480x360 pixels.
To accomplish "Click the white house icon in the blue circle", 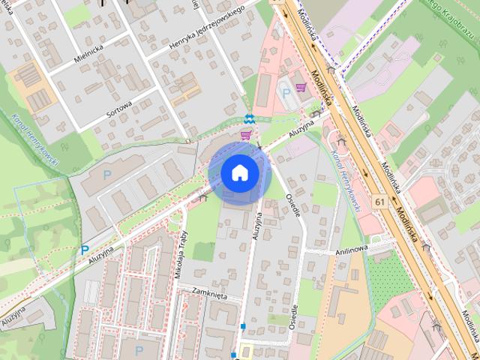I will [x=239, y=173].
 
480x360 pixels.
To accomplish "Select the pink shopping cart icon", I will [x=245, y=134].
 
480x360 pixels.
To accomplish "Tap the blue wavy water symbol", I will [x=249, y=118].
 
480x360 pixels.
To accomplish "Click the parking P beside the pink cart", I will [x=285, y=92].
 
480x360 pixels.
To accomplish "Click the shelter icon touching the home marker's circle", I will [x=202, y=198].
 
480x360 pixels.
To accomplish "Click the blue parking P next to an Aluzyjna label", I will [x=84, y=250].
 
